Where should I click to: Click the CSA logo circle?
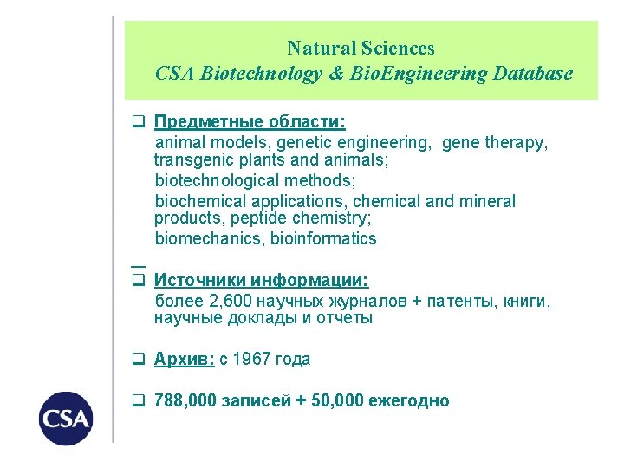(x=66, y=419)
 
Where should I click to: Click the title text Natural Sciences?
(x=361, y=49)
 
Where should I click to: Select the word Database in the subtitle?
(x=533, y=74)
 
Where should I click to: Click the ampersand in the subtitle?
(x=337, y=74)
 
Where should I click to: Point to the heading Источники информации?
(x=262, y=280)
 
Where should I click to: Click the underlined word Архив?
(x=184, y=360)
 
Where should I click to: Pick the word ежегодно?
(x=409, y=401)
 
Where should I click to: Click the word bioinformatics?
(x=324, y=238)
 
